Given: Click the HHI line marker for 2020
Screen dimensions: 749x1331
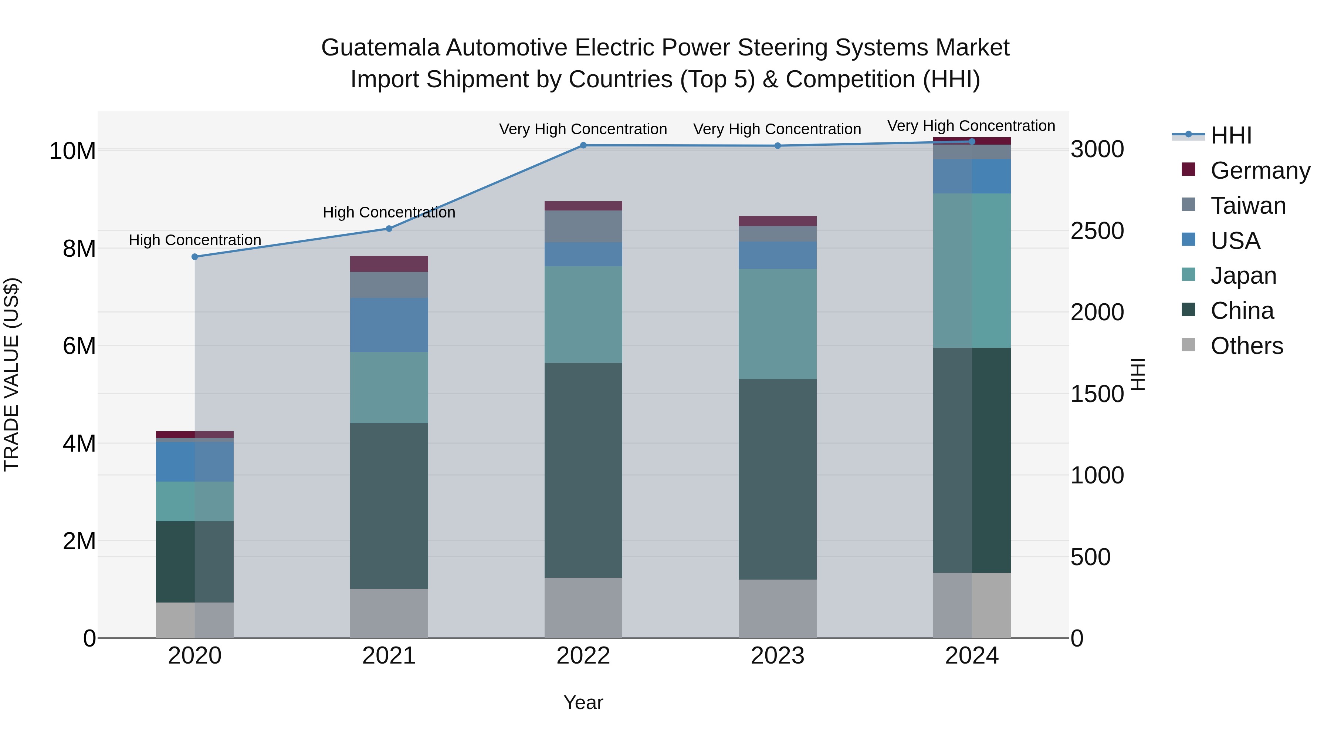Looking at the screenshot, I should [x=195, y=257].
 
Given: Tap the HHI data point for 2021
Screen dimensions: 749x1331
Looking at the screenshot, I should [x=389, y=229].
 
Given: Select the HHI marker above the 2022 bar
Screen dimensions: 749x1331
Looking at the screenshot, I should [x=583, y=145].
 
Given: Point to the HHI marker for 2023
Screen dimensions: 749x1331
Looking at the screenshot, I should [x=778, y=146].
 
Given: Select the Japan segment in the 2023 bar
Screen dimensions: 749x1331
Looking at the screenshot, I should [x=778, y=324].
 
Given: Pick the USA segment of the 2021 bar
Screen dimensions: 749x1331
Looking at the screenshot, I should [x=389, y=325].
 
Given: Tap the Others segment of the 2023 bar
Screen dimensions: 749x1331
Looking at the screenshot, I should [x=778, y=608].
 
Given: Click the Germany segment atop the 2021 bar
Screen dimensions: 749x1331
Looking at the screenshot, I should [x=389, y=264].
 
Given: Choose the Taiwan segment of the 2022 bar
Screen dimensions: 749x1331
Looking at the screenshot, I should [x=583, y=226].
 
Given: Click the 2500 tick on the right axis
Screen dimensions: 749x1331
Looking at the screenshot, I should [x=1097, y=231].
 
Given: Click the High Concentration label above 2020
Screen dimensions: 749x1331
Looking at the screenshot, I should [x=195, y=240].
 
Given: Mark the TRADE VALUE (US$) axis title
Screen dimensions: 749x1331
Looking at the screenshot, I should [x=11, y=374].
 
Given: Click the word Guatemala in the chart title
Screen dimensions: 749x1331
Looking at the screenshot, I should [x=380, y=48].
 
